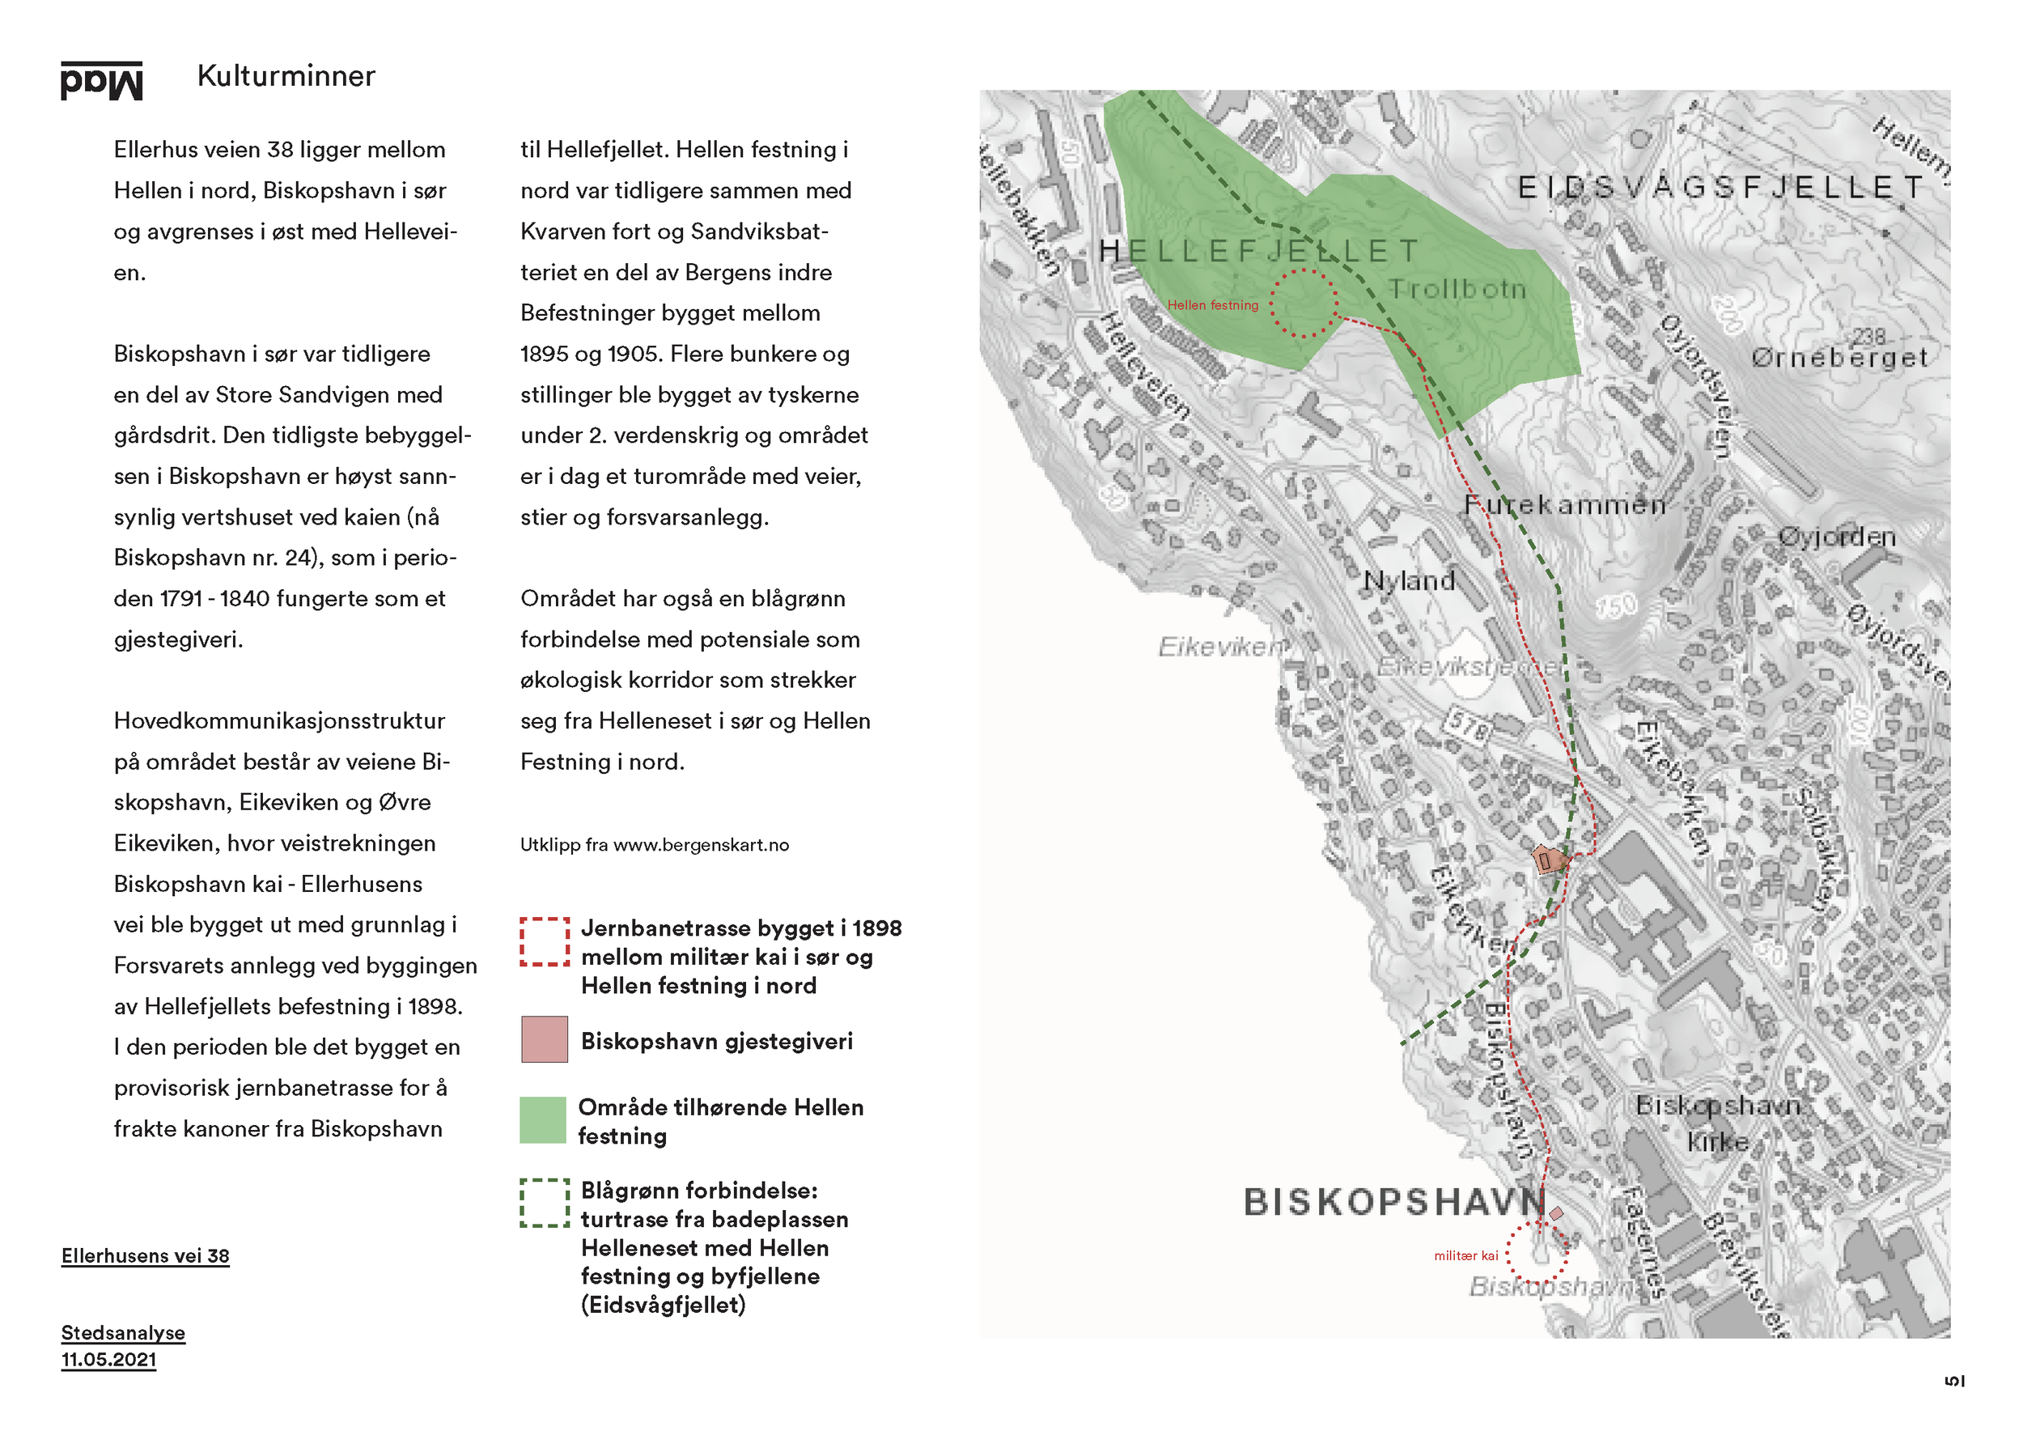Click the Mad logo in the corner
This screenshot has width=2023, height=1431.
click(101, 81)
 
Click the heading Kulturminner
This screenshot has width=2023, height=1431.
click(286, 76)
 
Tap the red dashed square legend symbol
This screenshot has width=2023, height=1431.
click(544, 941)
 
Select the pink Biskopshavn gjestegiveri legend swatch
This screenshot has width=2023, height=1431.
click(544, 1039)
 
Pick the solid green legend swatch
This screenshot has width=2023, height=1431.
click(542, 1119)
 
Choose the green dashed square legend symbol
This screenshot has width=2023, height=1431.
click(544, 1203)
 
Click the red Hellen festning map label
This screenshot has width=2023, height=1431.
click(1212, 305)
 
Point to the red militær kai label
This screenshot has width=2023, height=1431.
click(1465, 1255)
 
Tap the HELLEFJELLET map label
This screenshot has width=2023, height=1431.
click(1258, 251)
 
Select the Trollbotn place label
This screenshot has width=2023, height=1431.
click(1457, 289)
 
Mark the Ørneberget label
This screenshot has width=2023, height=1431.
click(1838, 357)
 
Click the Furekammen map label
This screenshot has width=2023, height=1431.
click(1564, 505)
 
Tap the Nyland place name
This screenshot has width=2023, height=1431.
click(1408, 580)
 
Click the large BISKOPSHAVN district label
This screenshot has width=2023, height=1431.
click(1394, 1201)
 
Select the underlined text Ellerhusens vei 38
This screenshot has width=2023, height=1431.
click(146, 1255)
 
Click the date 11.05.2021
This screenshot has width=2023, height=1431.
click(108, 1359)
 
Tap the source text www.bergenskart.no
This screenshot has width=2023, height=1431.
click(701, 844)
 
